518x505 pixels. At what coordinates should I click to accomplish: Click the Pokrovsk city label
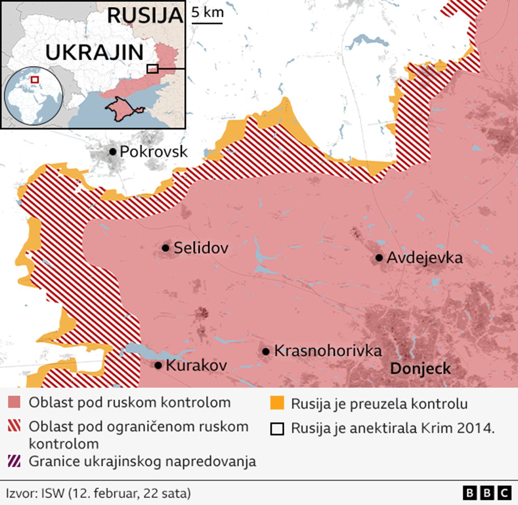[x=153, y=152]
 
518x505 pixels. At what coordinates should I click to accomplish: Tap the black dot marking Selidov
[x=166, y=248]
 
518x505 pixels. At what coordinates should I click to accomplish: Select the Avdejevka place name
[x=425, y=258]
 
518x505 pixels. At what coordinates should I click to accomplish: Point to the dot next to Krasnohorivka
[x=266, y=352]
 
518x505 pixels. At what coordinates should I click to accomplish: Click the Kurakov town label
[x=196, y=365]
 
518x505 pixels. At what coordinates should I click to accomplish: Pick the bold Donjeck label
[x=420, y=369]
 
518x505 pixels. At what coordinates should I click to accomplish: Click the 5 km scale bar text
[x=207, y=13]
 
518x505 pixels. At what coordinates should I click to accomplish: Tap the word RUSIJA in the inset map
[x=145, y=15]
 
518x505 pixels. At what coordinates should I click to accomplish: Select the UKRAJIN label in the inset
[x=94, y=53]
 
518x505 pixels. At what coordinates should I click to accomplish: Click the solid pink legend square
[x=14, y=403]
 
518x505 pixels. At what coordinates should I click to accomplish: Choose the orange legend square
[x=277, y=403]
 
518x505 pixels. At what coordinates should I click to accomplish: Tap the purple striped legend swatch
[x=14, y=461]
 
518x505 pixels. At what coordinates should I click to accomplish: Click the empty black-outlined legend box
[x=277, y=429]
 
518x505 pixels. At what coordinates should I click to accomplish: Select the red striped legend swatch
[x=14, y=426]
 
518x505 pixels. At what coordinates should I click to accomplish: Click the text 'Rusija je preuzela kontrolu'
[x=379, y=404]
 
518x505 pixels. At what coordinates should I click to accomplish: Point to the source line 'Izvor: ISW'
[x=98, y=493]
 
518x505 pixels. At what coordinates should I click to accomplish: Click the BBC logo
[x=487, y=493]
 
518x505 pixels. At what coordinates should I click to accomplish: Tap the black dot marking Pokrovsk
[x=113, y=152]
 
